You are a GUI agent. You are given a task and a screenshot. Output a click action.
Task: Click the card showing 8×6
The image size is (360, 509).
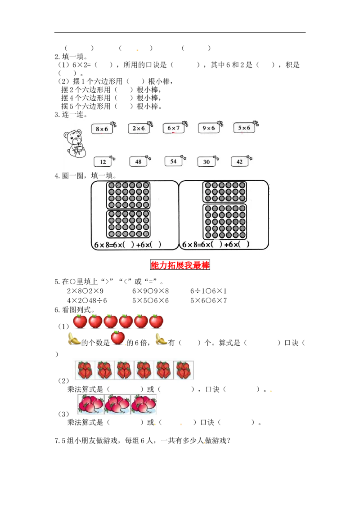pos(103,129)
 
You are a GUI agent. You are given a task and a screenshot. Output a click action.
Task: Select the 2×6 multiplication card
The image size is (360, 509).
pos(139,129)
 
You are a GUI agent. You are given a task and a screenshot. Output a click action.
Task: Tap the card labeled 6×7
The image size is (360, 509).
pos(174,128)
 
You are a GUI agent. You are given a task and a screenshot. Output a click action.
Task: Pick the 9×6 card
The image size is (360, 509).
pos(209,128)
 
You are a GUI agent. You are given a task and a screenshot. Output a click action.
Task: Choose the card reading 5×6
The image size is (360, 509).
pos(244,128)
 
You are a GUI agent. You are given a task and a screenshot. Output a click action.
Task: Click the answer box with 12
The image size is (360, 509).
pos(103,162)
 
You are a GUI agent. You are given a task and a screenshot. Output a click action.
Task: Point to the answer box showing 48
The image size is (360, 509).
pos(138,161)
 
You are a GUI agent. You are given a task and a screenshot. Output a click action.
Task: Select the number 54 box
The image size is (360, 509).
pos(173,161)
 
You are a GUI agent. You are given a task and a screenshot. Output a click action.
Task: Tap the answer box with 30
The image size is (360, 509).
pos(207,161)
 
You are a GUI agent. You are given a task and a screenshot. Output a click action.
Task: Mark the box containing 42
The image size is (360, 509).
pos(239,161)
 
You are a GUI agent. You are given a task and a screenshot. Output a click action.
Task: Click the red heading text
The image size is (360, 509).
pos(180,265)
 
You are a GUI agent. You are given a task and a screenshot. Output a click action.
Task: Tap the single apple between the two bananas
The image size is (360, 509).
pos(118,337)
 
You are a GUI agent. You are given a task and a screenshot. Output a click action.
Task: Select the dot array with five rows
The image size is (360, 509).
pos(225,221)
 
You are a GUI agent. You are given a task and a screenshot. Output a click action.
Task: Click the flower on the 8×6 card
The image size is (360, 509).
pos(113,123)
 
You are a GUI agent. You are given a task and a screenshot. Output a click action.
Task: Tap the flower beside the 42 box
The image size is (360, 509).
pos(250,158)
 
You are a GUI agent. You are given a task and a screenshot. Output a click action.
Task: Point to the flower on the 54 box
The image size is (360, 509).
pos(183,157)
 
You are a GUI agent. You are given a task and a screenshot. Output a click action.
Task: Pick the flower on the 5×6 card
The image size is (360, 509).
pos(255,123)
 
